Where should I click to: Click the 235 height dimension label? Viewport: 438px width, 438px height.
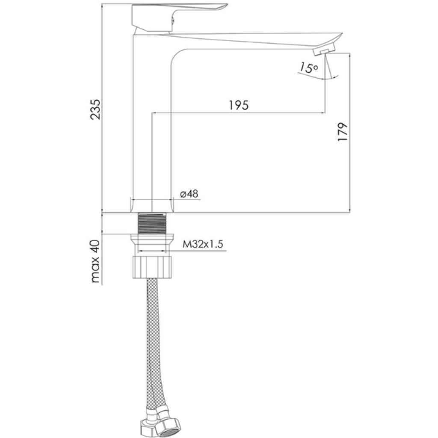click(x=95, y=109)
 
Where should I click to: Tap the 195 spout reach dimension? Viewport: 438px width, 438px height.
click(x=239, y=105)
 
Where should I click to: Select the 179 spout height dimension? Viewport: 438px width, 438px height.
click(x=343, y=132)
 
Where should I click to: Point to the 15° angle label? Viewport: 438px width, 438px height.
click(x=309, y=68)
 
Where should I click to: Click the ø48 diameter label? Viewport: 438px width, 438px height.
click(x=189, y=193)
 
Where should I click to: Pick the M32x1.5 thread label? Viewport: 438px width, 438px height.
click(x=203, y=244)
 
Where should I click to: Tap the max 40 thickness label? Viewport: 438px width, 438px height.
click(x=95, y=261)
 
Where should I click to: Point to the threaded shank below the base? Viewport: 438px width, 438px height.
click(x=152, y=223)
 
